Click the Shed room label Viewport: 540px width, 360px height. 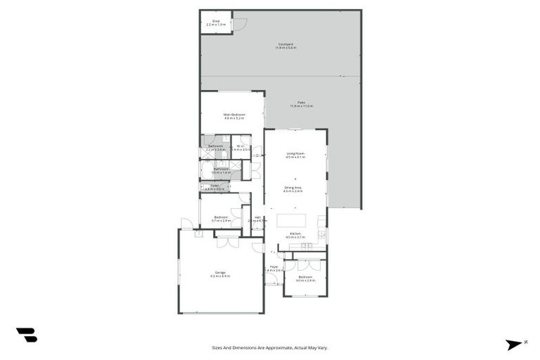tap(216, 22)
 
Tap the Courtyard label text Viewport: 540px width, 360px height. tap(285, 46)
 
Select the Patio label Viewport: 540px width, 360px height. tap(301, 104)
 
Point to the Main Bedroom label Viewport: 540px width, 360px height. tap(233, 116)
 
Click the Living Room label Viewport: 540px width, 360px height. tap(295, 155)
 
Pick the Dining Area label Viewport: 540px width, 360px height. tap(293, 189)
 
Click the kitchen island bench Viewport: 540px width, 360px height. tap(291, 220)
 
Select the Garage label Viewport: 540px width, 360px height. tap(220, 274)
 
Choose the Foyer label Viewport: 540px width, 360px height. tap(274, 268)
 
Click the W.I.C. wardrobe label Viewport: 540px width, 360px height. tap(240, 148)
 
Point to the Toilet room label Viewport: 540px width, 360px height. tap(214, 187)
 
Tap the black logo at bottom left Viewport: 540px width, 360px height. tap(27, 335)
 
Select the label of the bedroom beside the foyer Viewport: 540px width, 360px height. tap(305, 278)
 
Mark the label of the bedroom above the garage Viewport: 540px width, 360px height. tap(221, 219)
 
